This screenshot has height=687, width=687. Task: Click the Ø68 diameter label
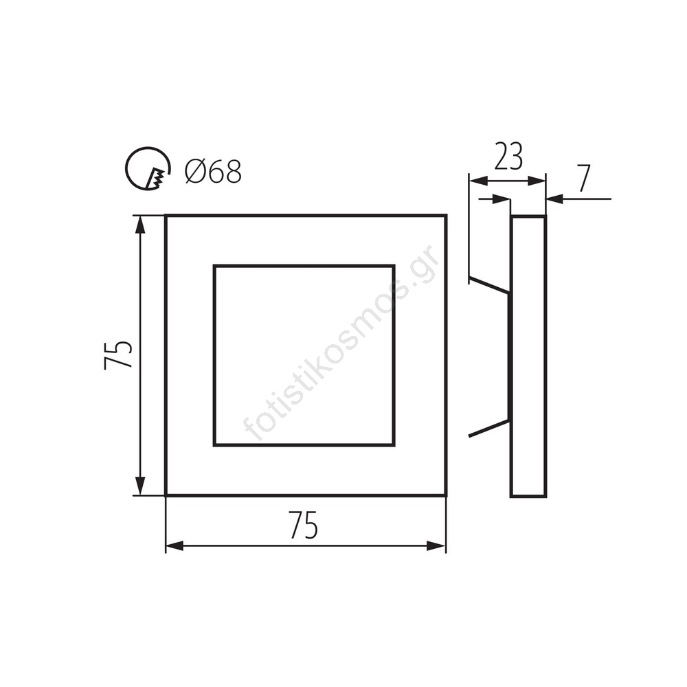213,170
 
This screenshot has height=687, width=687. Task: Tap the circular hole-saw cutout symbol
127,169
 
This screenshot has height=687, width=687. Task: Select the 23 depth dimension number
508,156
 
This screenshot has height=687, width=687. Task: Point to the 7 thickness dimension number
583,179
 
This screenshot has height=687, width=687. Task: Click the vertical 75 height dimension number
118,354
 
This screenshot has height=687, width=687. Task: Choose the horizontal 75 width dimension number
303,526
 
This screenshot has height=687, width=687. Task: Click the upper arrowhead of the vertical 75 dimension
139,225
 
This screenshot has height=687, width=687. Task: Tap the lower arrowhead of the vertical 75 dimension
139,486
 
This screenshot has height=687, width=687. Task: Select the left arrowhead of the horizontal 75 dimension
174,546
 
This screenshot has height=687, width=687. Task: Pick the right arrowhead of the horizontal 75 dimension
436,546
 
